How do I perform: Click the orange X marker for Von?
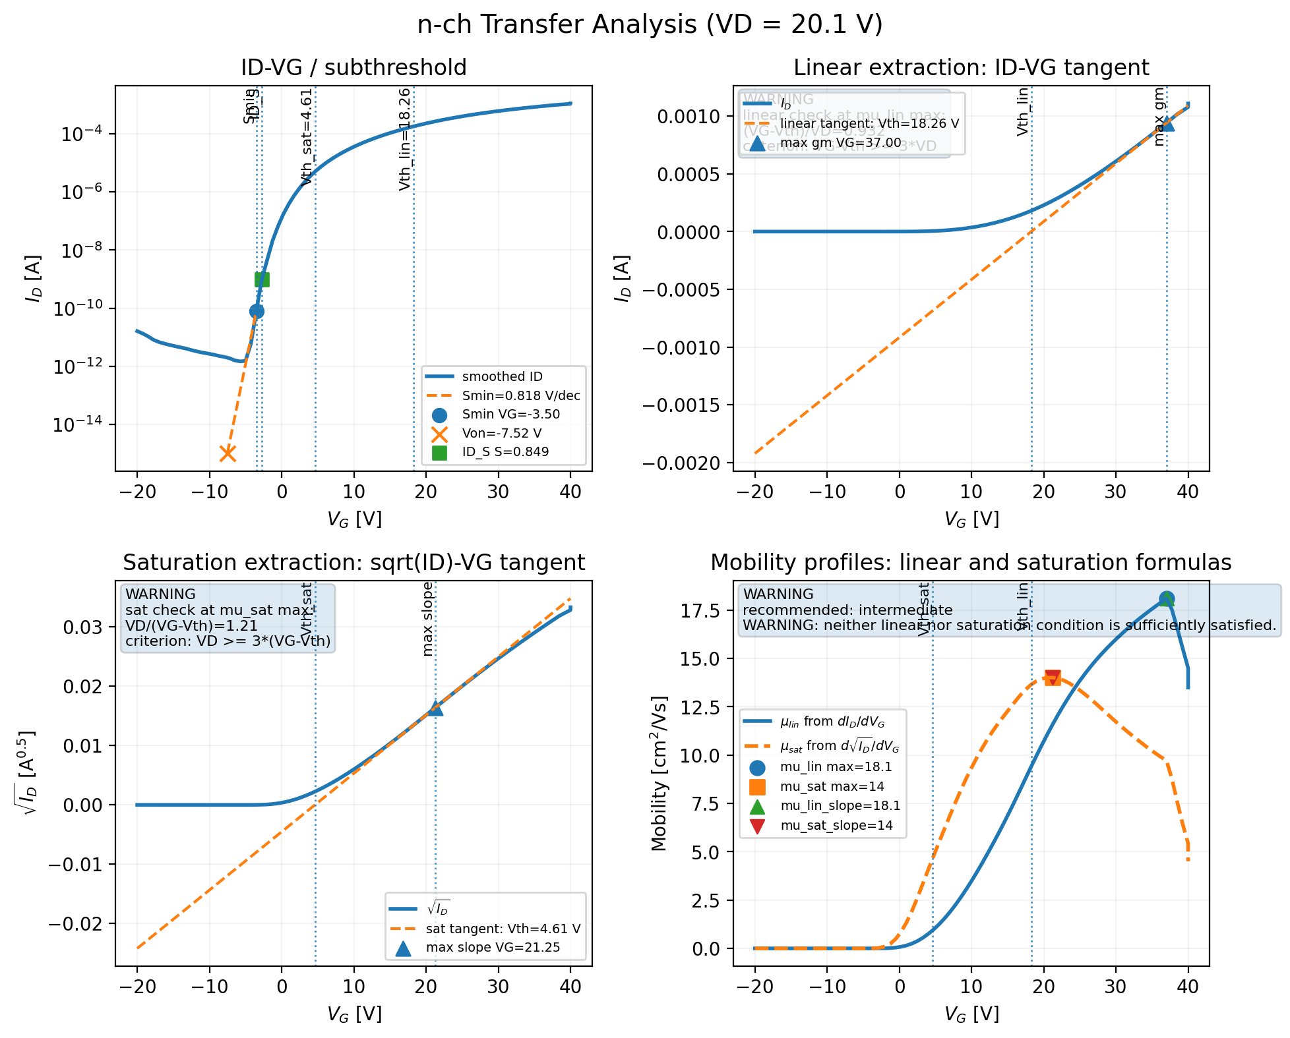coord(228,453)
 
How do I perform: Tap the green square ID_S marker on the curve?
coord(262,279)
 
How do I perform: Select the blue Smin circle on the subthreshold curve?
coord(257,311)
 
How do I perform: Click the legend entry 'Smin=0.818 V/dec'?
coord(520,395)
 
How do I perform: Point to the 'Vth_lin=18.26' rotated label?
coord(405,139)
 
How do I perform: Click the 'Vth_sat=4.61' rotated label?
coord(306,137)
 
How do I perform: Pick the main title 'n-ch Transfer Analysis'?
coord(649,25)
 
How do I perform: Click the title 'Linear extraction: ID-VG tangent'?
coord(971,67)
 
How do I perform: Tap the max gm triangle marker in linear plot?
coord(1167,123)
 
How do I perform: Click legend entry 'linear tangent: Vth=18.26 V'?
coord(869,123)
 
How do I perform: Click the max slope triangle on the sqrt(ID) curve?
coord(435,708)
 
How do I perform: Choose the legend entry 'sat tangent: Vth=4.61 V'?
coord(503,929)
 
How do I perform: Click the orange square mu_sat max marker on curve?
coord(1052,678)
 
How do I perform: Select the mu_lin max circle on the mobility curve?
coord(1166,598)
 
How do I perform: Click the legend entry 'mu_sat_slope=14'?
coord(836,825)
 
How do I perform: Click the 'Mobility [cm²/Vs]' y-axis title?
coord(659,773)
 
